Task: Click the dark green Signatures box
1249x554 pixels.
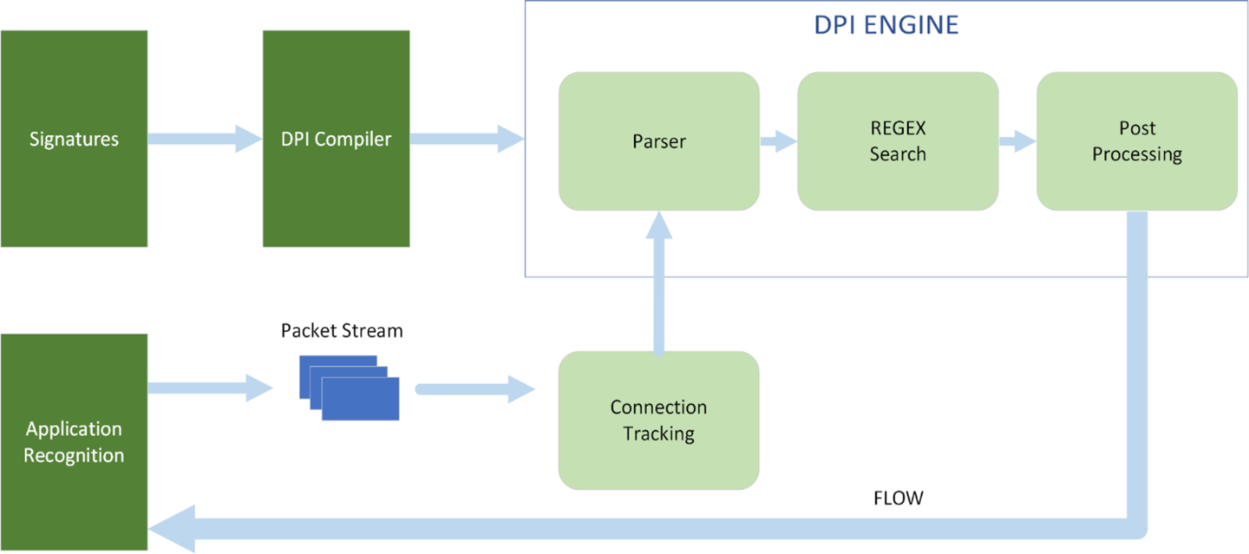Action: (74, 139)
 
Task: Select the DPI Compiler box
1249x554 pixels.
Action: (336, 139)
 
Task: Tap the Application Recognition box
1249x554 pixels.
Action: (74, 442)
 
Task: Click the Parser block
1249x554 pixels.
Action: (658, 141)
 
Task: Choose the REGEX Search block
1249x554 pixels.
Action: (898, 141)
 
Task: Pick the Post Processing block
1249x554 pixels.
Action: (1136, 141)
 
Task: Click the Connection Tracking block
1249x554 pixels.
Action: (658, 420)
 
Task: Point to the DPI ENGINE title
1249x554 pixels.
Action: (886, 25)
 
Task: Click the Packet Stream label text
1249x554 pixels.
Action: (342, 331)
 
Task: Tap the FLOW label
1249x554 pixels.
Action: (898, 499)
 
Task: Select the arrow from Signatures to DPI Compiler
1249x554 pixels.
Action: (205, 138)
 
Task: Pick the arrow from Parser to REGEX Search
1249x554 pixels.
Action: (778, 141)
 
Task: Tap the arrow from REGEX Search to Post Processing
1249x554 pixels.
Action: (1017, 141)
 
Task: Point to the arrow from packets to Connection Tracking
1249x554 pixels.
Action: (475, 388)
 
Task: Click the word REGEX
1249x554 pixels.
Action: (899, 128)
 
